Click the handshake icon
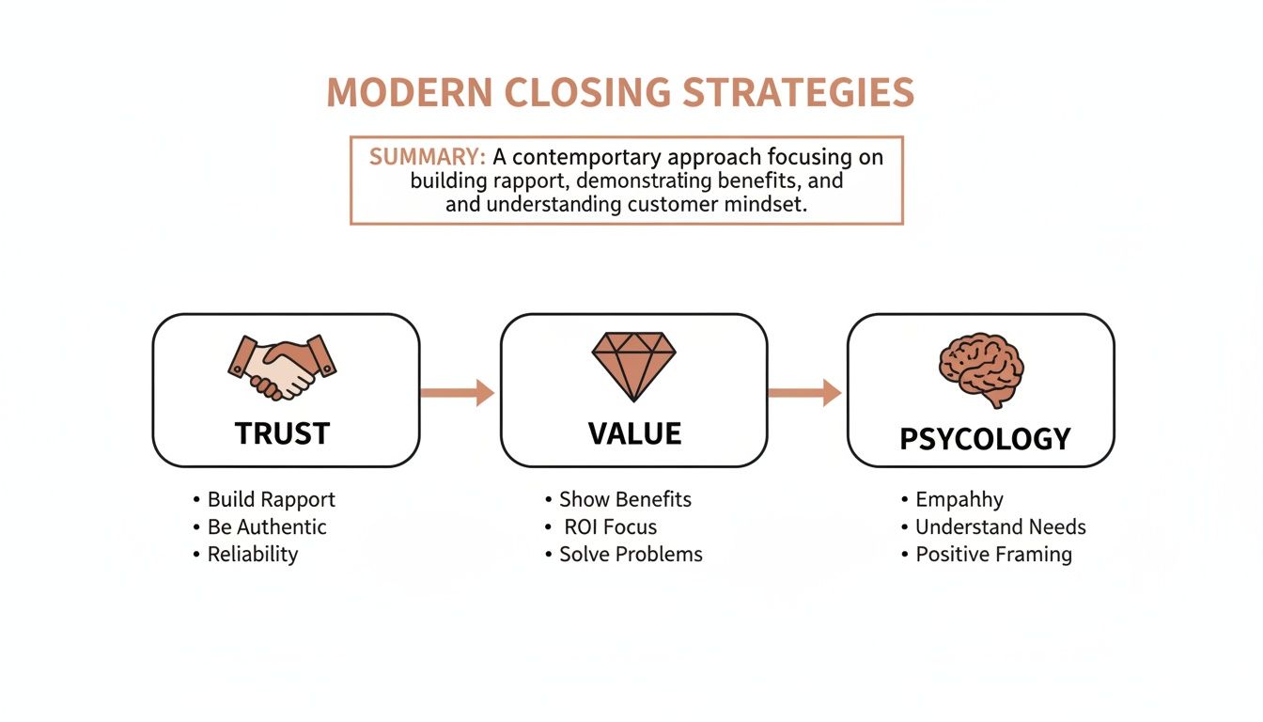coord(283,368)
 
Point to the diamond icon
coord(633,364)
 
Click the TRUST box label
coord(282,433)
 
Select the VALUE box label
coord(634,433)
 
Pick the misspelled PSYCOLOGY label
coord(985,439)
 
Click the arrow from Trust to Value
coord(458,392)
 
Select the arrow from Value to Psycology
coord(804,392)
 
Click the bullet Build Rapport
coord(271,499)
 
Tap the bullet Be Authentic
coord(267,526)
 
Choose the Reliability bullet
coord(252,554)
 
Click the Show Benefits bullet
coord(625,499)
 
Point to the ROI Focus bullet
coord(610,526)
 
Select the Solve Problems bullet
coord(631,554)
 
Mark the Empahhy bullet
coord(959,499)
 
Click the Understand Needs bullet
coord(1000,526)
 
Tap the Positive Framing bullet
coord(993,554)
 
